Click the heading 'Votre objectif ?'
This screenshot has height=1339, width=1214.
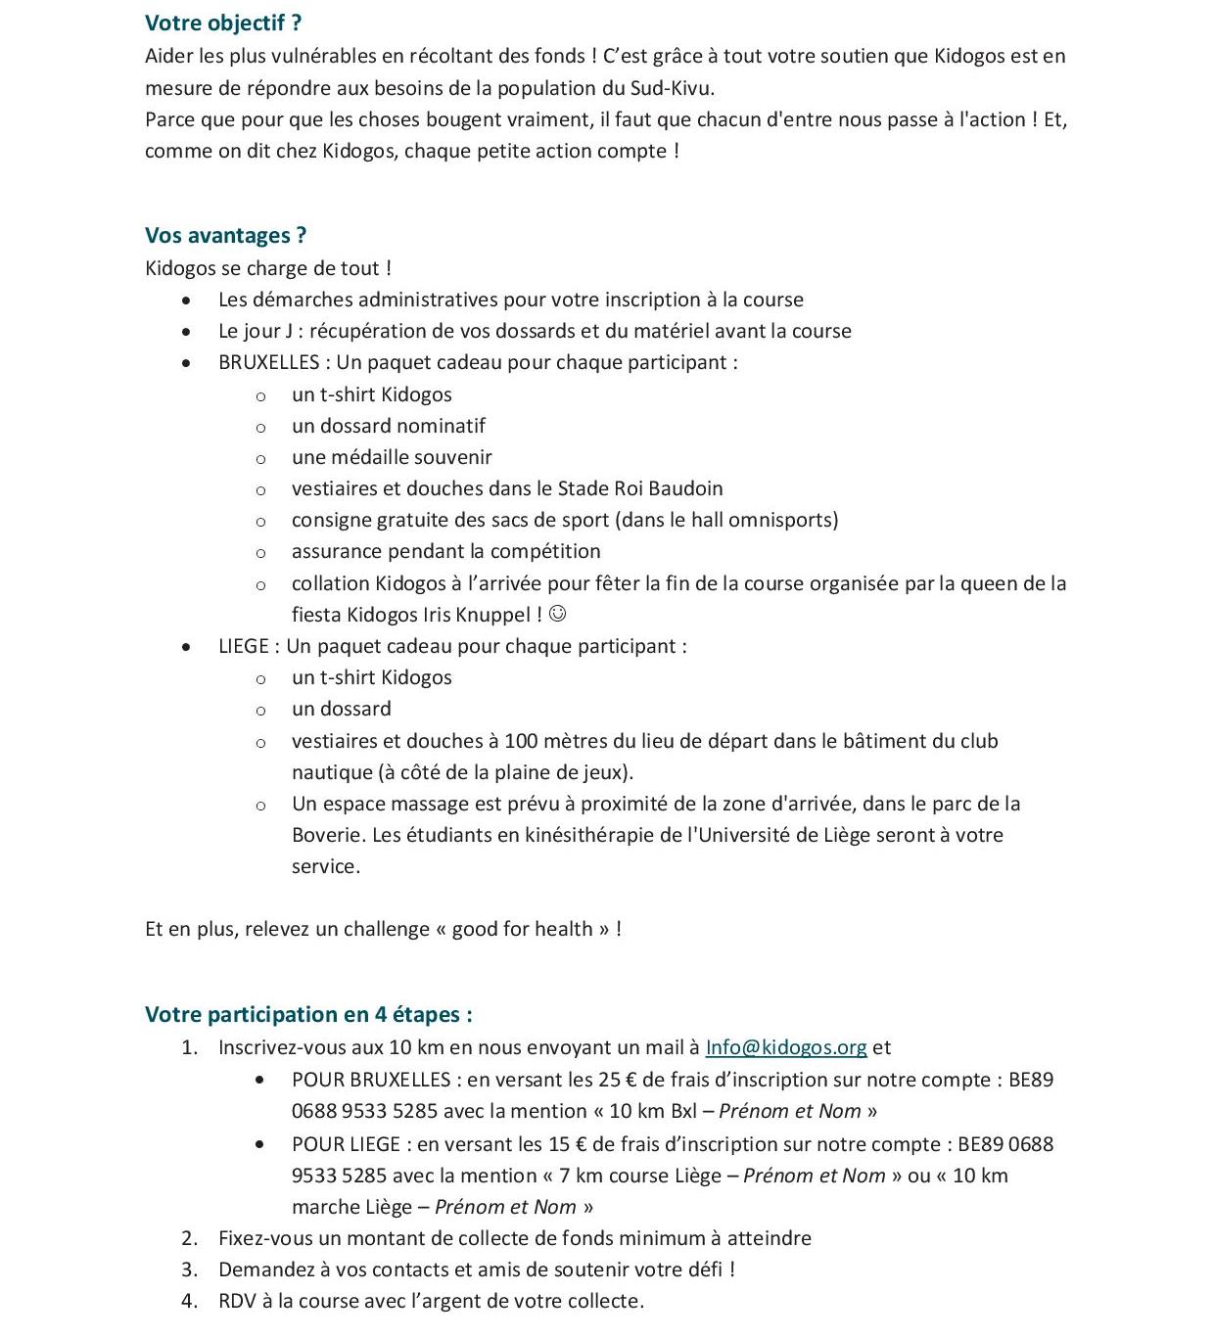pyautogui.click(x=223, y=23)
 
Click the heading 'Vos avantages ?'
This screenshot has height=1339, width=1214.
pyautogui.click(x=225, y=235)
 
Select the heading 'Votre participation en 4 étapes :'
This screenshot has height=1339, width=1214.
pyautogui.click(x=308, y=1014)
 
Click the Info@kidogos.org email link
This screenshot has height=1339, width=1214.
pyautogui.click(x=786, y=1047)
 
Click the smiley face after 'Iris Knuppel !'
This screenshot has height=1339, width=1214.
pyautogui.click(x=558, y=614)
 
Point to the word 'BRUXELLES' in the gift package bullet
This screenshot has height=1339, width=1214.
pyautogui.click(x=268, y=362)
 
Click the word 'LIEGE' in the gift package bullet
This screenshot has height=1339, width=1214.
pyautogui.click(x=244, y=646)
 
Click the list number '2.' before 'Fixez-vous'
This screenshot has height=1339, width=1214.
pyautogui.click(x=190, y=1238)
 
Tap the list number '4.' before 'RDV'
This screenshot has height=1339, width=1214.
pyautogui.click(x=190, y=1301)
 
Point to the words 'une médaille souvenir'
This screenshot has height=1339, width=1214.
pyautogui.click(x=392, y=457)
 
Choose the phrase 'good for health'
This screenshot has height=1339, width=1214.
pyautogui.click(x=523, y=929)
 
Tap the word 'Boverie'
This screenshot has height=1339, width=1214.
pyautogui.click(x=328, y=835)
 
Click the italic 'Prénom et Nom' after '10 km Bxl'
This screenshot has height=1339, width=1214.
pyautogui.click(x=790, y=1111)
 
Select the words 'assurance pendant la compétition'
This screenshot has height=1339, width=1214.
pyautogui.click(x=445, y=551)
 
